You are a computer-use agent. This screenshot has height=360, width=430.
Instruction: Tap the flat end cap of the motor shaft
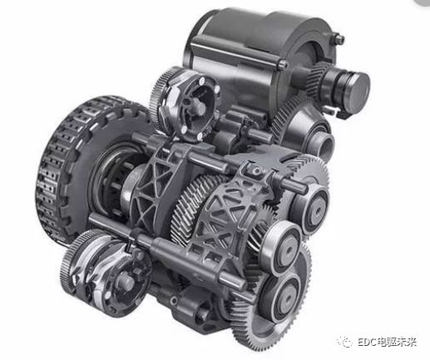click(359, 84)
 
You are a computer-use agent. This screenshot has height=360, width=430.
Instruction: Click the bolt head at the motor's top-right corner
click(339, 39)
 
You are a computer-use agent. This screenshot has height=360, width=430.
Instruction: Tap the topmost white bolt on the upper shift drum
click(202, 81)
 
